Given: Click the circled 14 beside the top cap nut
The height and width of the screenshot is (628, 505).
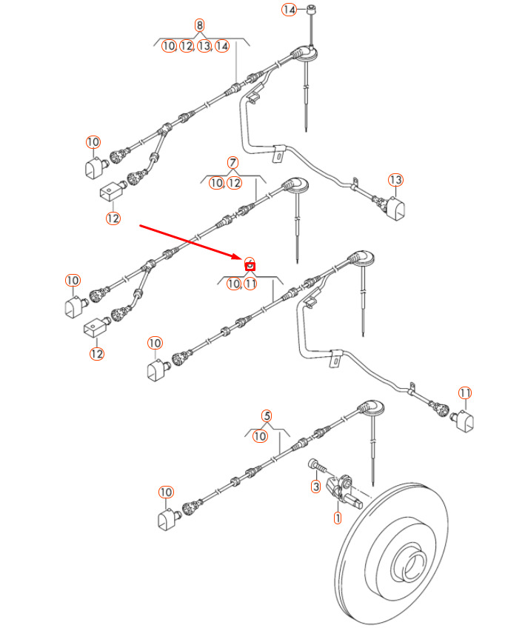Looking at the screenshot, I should (289, 10).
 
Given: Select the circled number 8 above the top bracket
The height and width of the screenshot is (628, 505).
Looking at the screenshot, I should (200, 25).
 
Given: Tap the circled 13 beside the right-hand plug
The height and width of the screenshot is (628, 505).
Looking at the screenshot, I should (395, 180).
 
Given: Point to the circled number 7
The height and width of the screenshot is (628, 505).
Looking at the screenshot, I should (233, 162).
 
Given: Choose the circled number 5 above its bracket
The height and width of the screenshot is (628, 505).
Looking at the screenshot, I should (267, 416).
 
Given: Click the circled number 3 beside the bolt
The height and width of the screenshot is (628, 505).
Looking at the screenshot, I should (315, 487).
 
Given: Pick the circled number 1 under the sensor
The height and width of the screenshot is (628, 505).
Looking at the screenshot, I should (338, 518).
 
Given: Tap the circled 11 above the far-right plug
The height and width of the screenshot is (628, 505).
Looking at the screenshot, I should (465, 392).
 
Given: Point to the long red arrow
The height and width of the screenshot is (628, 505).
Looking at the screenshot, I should (193, 242).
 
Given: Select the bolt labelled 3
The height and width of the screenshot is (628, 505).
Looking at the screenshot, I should (319, 465).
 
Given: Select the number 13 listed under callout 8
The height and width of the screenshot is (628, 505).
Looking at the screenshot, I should (204, 46).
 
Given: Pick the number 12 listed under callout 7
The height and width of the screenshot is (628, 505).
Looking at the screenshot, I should (235, 182).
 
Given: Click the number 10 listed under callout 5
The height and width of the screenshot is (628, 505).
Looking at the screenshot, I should (260, 436).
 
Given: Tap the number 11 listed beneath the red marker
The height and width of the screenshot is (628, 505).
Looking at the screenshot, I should (250, 283).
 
